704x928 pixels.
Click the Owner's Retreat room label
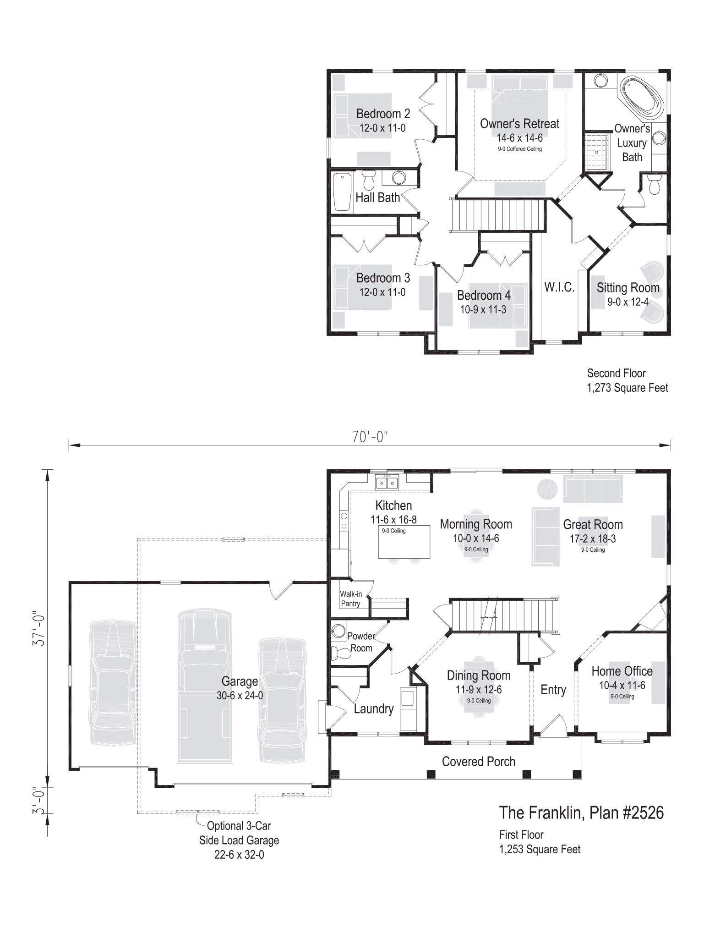(x=519, y=124)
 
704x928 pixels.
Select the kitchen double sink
(x=387, y=483)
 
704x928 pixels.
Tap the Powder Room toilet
(x=339, y=652)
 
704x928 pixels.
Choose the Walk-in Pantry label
(x=350, y=599)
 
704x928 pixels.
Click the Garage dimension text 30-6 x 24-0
(x=240, y=695)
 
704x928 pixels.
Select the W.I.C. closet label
(x=559, y=287)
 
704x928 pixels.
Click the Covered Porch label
(x=479, y=761)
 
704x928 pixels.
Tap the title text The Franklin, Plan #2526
(x=581, y=813)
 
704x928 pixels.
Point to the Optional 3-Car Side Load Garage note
(x=239, y=840)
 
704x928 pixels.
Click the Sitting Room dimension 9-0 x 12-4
(x=628, y=302)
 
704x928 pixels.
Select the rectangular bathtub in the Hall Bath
(x=342, y=192)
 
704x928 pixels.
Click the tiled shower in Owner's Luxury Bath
(x=598, y=152)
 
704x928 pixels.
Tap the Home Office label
(x=622, y=671)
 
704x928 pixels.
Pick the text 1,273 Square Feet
(x=628, y=388)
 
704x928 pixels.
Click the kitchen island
(x=404, y=541)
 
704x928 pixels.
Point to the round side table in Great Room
(x=547, y=489)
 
